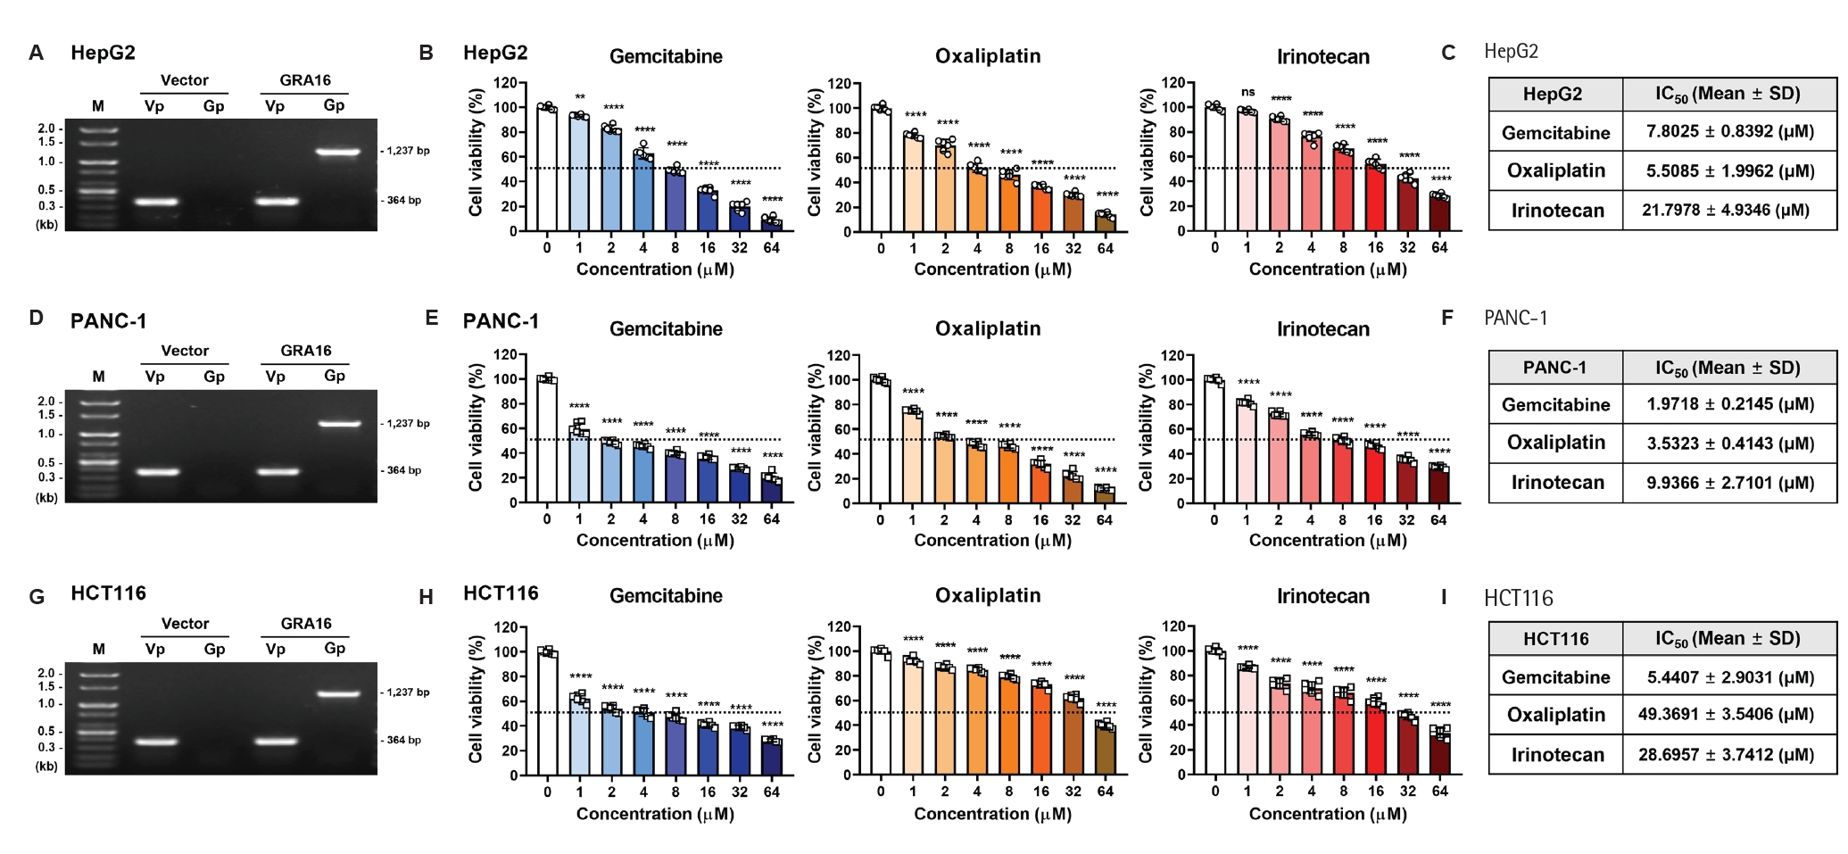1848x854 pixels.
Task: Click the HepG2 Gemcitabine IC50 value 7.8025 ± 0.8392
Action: click(1730, 132)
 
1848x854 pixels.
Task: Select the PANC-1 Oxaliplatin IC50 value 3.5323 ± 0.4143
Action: click(1730, 444)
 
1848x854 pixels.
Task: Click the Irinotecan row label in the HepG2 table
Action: click(1557, 211)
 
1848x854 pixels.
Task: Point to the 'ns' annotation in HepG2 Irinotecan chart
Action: click(1247, 92)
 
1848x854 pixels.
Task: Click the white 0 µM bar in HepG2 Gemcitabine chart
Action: click(547, 170)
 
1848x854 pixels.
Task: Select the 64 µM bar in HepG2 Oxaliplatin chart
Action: click(1106, 223)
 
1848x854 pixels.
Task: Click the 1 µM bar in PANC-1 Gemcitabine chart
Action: click(579, 466)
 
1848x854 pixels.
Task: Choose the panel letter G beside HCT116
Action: click(37, 596)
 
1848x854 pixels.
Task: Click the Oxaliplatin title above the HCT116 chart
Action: click(988, 595)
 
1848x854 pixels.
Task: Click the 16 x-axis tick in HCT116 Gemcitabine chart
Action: click(708, 792)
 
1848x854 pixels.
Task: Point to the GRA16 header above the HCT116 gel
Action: click(306, 623)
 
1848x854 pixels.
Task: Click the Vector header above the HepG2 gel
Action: click(185, 80)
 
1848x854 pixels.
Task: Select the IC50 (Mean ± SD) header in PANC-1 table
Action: click(1728, 368)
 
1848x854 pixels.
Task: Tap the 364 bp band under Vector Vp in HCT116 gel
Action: click(156, 741)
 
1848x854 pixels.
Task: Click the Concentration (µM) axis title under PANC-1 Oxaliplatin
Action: click(993, 541)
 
